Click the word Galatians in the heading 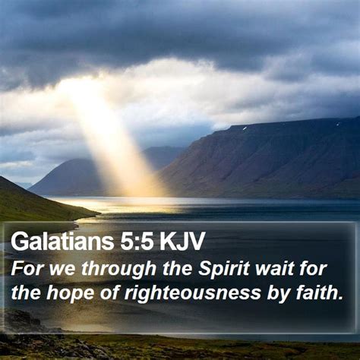(x=62, y=242)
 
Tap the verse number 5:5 (x=137, y=242)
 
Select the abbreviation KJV (x=182, y=242)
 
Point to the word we (x=62, y=270)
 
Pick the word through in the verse (x=118, y=270)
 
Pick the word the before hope (x=26, y=292)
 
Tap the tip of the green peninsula (x=100, y=214)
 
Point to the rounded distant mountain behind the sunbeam (x=68, y=177)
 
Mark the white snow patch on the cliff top (x=245, y=128)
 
